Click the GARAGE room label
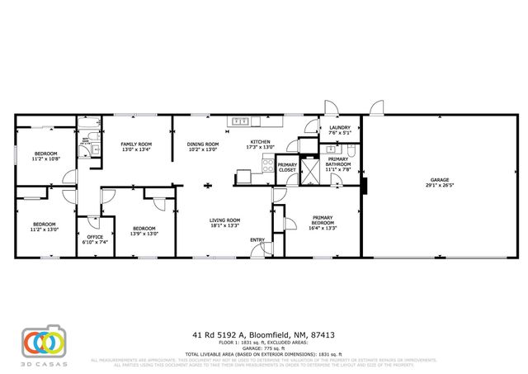pos(438,179)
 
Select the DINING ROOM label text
pos(202,144)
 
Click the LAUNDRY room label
pos(340,127)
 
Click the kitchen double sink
pos(242,121)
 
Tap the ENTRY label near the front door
pos(258,240)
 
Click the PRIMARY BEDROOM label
pos(323,220)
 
